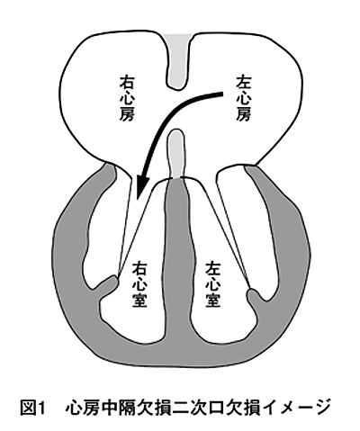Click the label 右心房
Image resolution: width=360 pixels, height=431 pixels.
127,98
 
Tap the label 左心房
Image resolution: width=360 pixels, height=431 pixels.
243,98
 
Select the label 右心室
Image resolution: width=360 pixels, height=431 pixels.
139,284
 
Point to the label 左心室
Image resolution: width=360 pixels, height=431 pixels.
213,284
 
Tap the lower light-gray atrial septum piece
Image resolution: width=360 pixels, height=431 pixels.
176,154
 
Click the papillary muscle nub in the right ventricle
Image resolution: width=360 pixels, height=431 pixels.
109,285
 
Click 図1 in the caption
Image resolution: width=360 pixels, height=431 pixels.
32,408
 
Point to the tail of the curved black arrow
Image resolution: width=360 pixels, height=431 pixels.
222,94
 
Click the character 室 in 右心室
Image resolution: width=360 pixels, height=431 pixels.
139,301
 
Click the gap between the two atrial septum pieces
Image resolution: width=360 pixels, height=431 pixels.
177,110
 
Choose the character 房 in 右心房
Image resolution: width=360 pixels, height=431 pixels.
127,114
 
